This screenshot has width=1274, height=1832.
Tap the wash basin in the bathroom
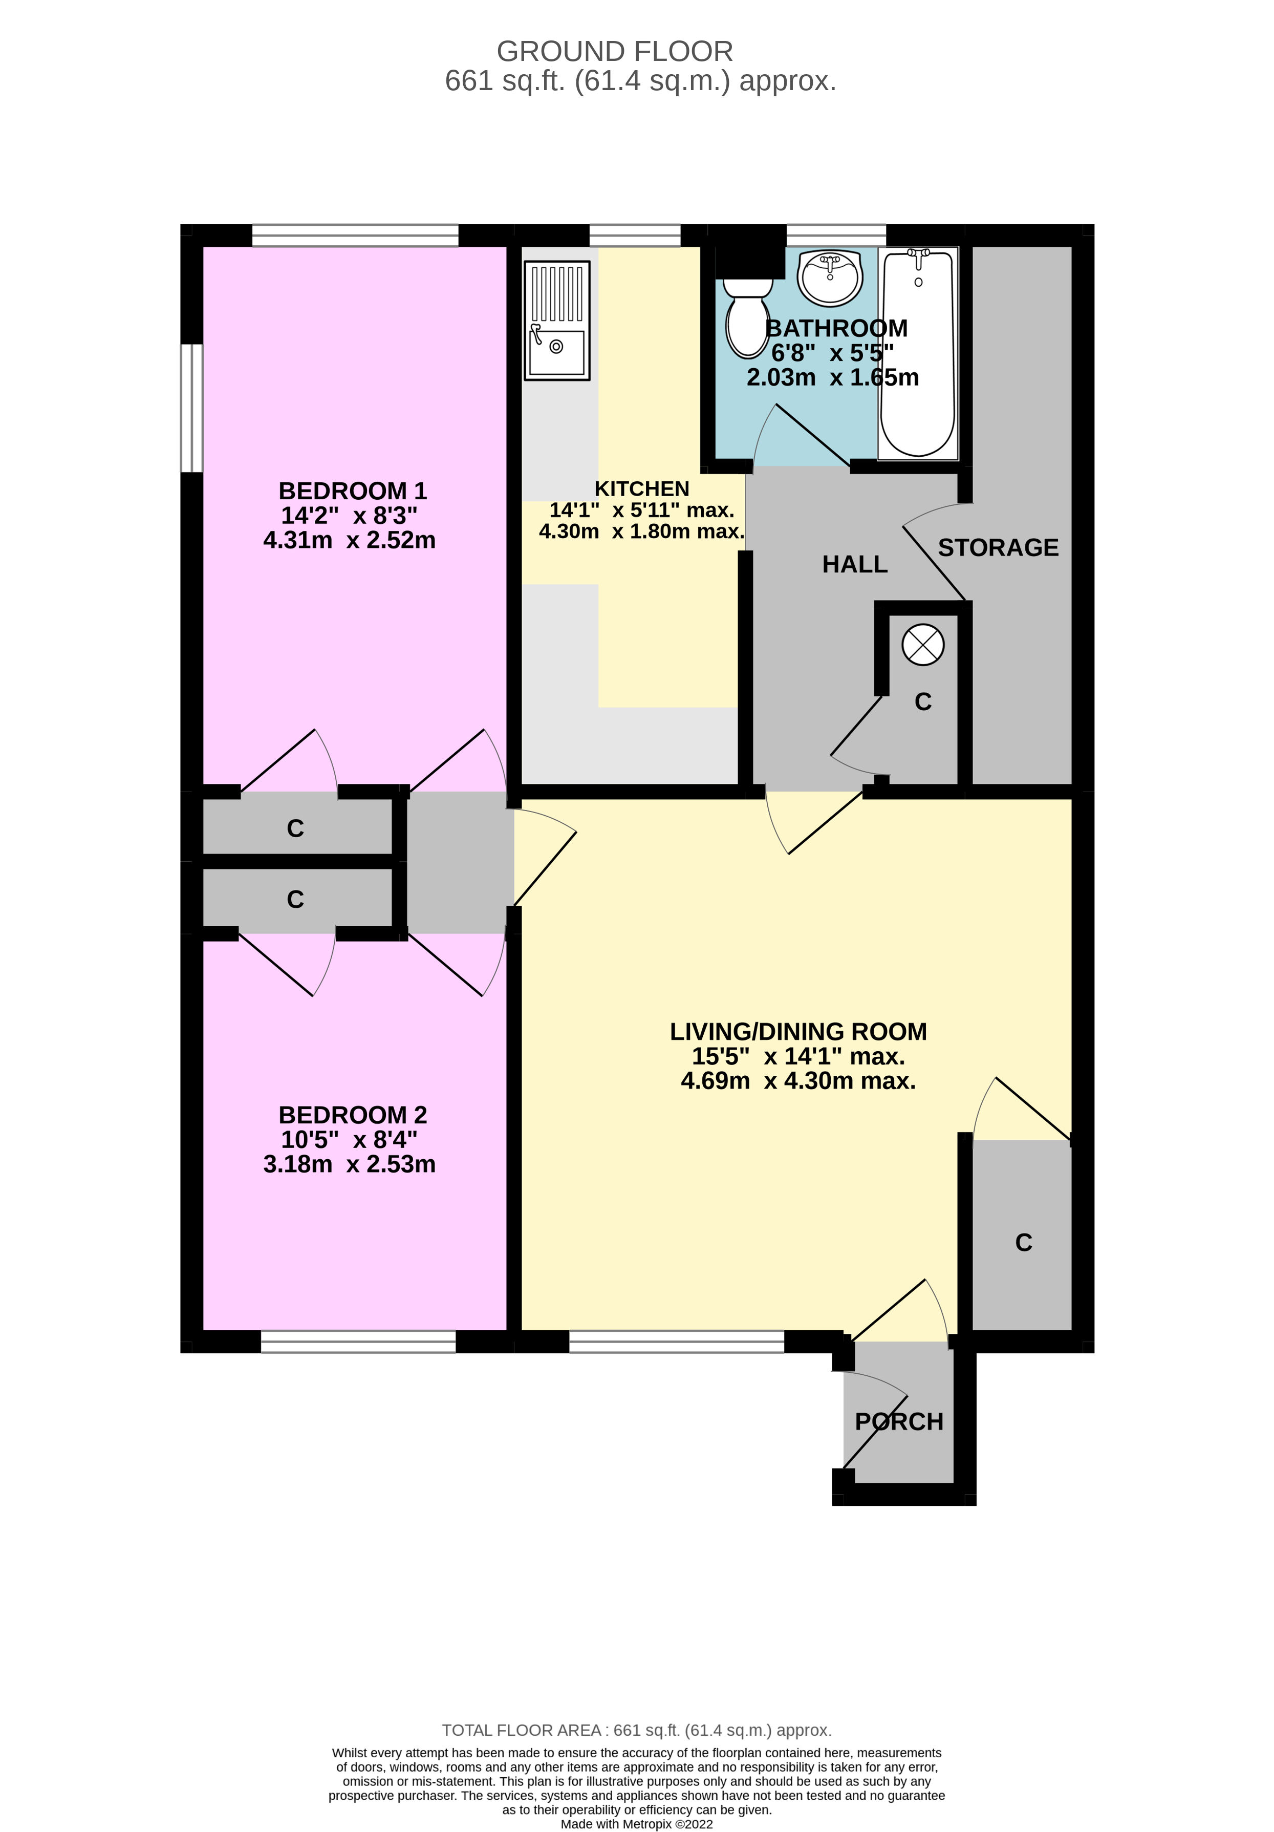tap(830, 278)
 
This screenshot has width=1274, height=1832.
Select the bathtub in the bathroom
tap(917, 353)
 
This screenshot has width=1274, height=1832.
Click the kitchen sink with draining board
tap(557, 321)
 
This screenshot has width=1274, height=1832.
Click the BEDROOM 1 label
tap(352, 491)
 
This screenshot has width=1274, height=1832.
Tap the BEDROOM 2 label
tap(352, 1115)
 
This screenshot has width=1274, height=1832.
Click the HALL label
tap(854, 564)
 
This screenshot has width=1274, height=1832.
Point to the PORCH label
tap(898, 1421)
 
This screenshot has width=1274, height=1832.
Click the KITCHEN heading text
tap(641, 488)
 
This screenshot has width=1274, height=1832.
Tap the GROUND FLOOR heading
tap(614, 52)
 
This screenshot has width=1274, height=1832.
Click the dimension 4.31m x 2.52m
tap(350, 540)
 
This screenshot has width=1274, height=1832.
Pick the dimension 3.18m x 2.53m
tap(350, 1164)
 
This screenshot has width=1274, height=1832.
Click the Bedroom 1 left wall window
tap(190, 408)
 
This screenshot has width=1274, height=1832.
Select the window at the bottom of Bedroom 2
tap(358, 1341)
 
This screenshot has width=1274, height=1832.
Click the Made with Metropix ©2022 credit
tap(637, 1823)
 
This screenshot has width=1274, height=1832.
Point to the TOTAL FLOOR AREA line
tap(637, 1730)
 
